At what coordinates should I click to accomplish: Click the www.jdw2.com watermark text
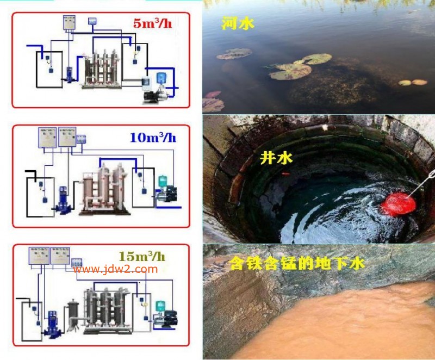(115, 269)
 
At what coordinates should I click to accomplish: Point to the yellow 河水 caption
(238, 23)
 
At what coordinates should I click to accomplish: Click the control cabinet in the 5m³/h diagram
(69, 23)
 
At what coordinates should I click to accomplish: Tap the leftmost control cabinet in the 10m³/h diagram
(47, 138)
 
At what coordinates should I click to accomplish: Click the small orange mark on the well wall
(284, 174)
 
